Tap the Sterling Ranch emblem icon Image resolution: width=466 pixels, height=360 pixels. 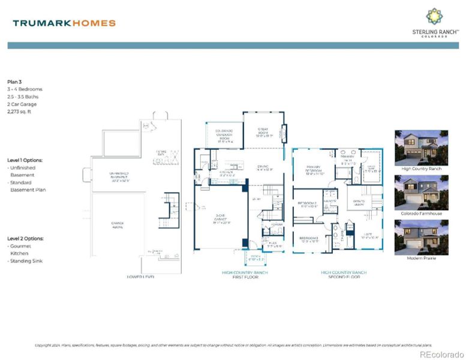[435, 16]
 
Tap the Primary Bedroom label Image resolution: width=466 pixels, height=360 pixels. [315, 170]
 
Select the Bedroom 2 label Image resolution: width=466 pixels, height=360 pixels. [309, 205]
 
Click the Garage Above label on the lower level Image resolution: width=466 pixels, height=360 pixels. [118, 225]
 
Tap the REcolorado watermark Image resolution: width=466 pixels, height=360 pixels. [441, 354]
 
